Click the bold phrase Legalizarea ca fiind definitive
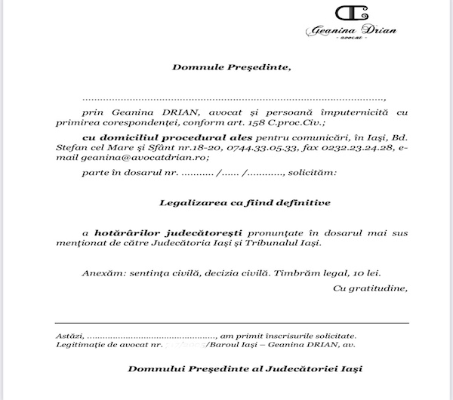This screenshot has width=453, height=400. point(245,202)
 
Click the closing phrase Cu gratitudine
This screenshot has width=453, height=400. point(370,288)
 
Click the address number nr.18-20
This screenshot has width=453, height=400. point(186,147)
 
